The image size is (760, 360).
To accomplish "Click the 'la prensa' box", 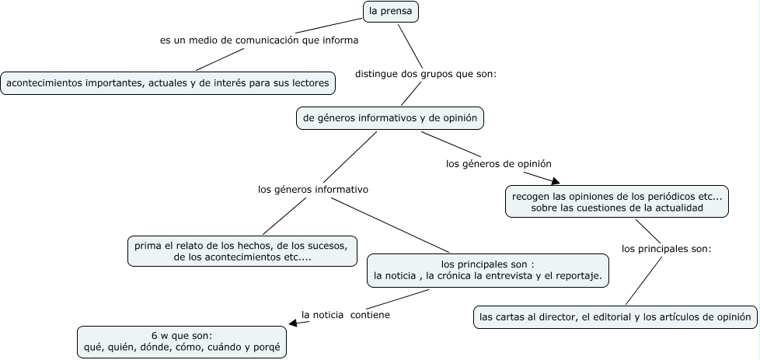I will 391,12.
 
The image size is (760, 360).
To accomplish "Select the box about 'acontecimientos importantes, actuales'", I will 168,82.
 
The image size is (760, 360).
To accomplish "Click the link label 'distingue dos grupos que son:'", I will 425,75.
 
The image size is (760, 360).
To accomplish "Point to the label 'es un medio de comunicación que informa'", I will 259,40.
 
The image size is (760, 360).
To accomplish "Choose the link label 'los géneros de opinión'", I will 498,164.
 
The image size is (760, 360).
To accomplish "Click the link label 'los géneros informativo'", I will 312,189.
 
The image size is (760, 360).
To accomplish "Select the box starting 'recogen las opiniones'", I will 617,202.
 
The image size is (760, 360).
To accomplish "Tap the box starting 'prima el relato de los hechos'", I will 242,251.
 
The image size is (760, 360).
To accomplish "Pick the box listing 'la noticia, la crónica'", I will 487,270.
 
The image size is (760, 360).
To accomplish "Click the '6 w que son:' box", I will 182,341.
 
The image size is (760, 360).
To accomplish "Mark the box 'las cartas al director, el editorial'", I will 614,316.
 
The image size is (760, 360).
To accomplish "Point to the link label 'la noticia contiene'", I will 345,315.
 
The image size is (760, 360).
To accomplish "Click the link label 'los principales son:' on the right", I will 666,249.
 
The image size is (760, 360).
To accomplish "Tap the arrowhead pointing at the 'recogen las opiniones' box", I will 554,181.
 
